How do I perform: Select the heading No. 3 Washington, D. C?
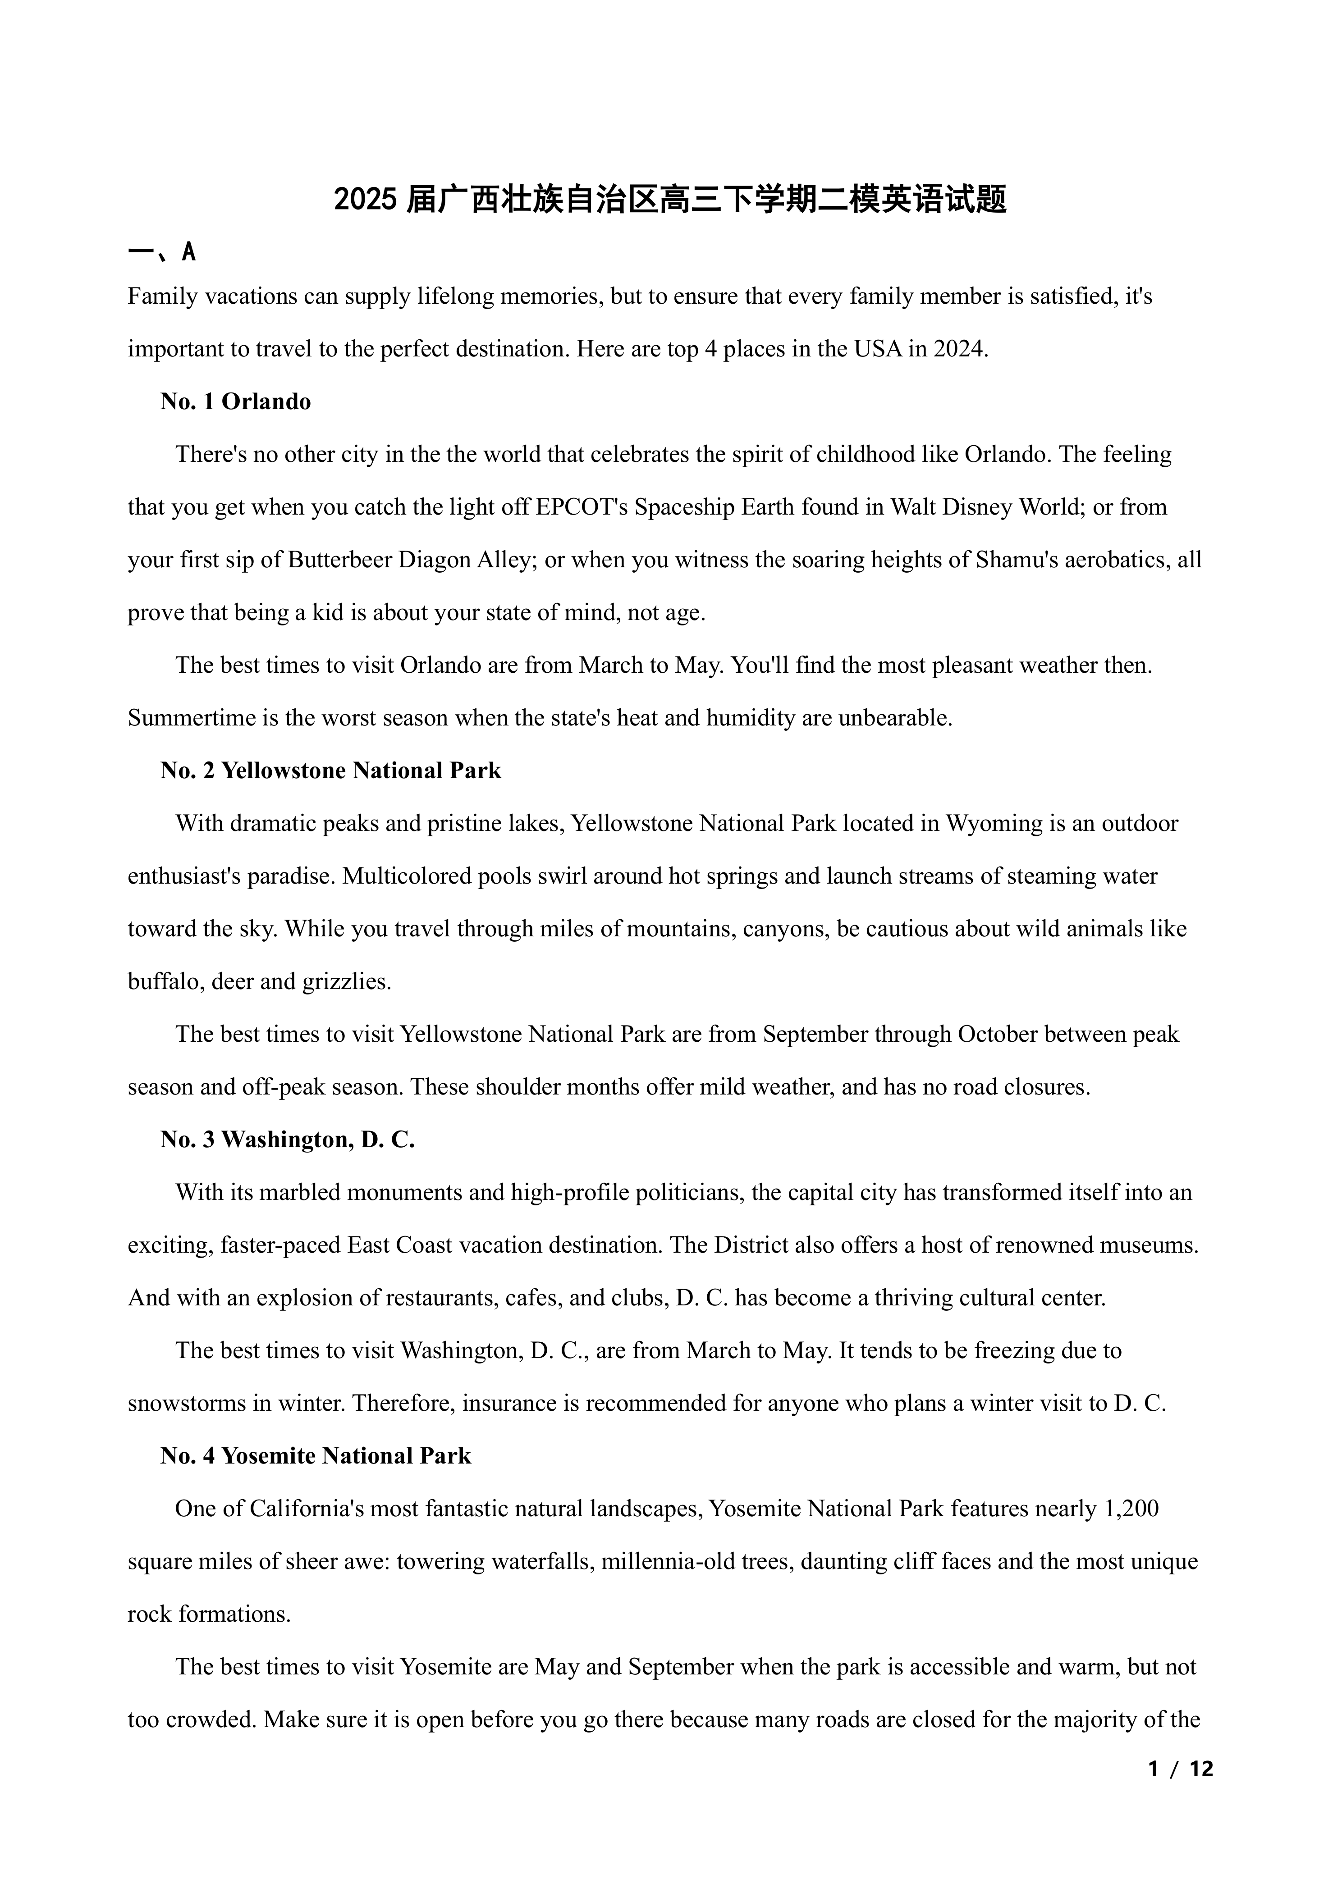pyautogui.click(x=288, y=1140)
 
